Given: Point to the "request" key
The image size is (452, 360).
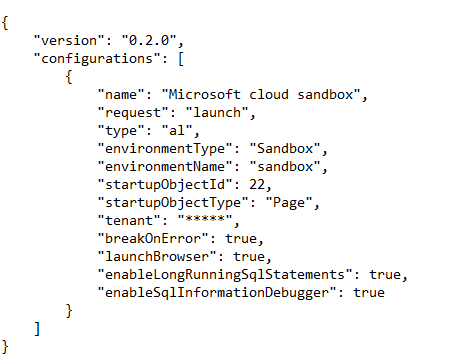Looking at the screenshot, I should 132,113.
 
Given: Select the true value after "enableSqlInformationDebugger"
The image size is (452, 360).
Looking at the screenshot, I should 367,293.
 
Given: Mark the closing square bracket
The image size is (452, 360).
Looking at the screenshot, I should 37,329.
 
